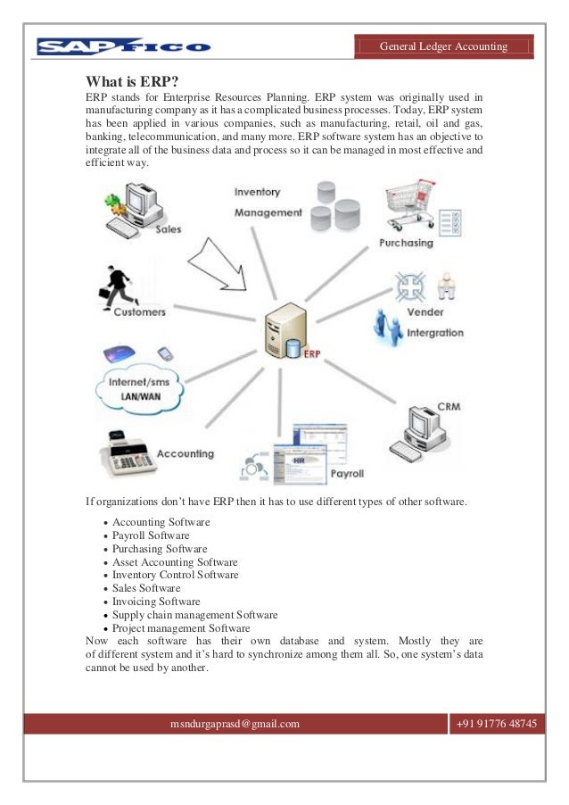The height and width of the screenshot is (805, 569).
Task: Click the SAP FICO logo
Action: (x=123, y=46)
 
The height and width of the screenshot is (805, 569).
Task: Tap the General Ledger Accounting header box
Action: (x=443, y=46)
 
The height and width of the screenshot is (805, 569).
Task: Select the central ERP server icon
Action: (x=286, y=330)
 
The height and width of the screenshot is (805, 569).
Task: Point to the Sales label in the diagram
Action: (x=169, y=229)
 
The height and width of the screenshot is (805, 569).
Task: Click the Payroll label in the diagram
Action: (x=347, y=473)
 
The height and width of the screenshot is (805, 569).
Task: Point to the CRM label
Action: (x=449, y=407)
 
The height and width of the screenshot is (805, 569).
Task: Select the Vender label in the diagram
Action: (x=425, y=313)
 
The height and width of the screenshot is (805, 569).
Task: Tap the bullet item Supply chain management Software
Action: (x=194, y=615)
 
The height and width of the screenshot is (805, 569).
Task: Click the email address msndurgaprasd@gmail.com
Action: (x=235, y=724)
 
